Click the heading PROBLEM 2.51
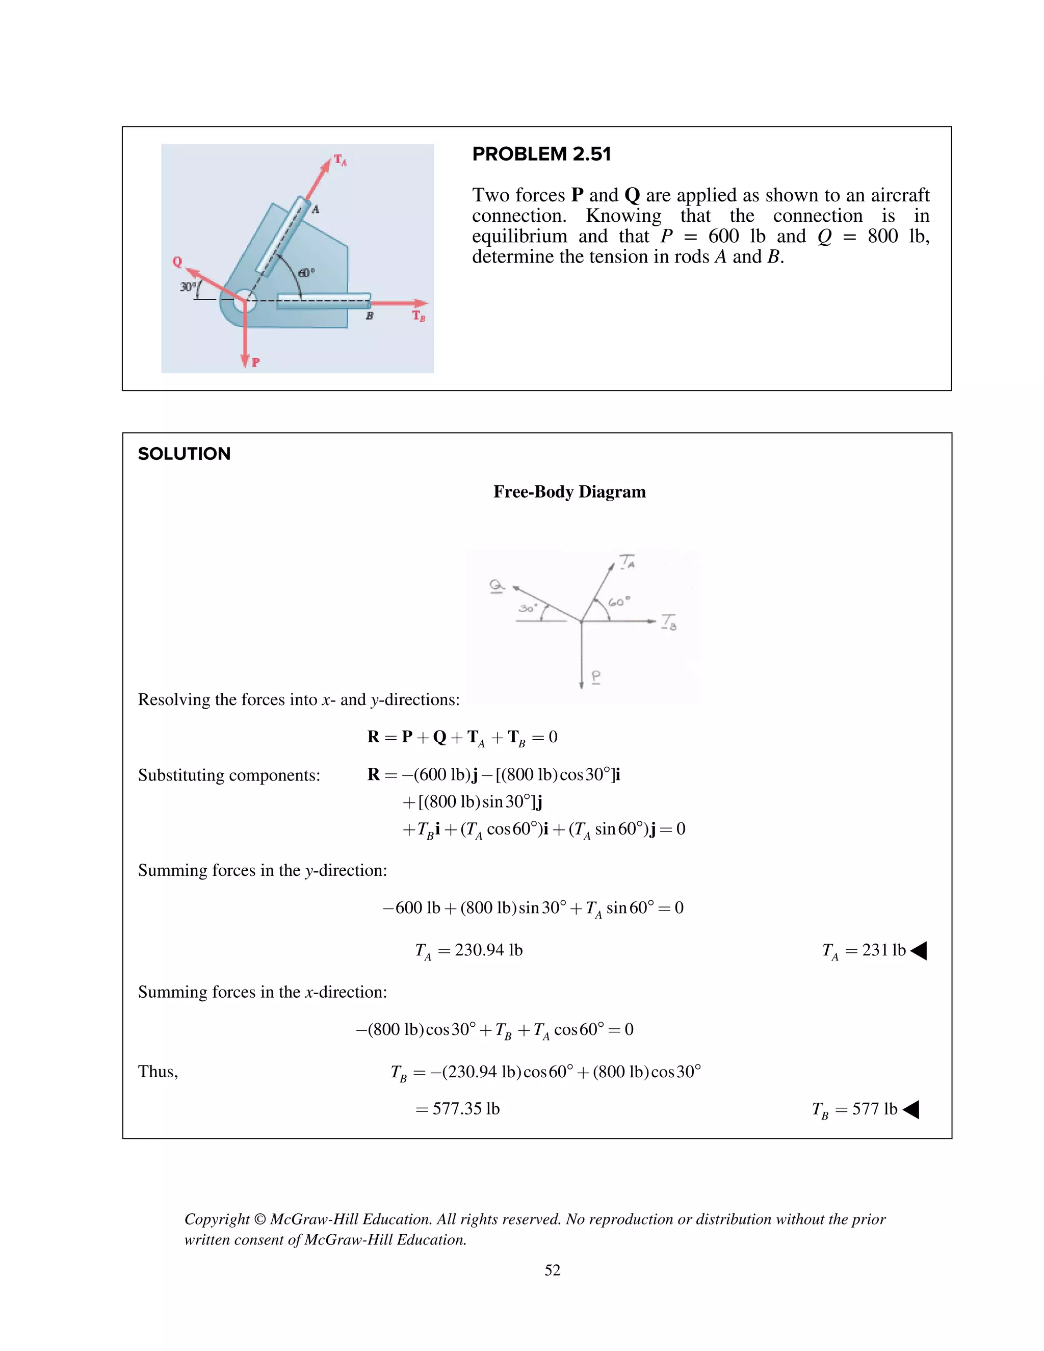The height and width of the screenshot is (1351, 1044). click(541, 154)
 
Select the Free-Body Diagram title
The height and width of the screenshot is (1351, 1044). click(569, 492)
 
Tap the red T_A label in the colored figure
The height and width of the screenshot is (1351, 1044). click(340, 160)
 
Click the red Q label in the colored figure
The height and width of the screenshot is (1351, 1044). click(177, 261)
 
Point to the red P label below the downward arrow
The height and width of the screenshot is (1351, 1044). click(256, 362)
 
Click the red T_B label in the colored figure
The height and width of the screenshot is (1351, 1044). click(419, 316)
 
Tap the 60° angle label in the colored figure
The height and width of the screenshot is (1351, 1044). click(306, 272)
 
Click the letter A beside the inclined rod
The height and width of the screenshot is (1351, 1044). click(316, 209)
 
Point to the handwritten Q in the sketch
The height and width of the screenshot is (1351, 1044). click(497, 585)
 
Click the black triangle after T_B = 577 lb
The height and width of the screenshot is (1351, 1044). click(911, 1110)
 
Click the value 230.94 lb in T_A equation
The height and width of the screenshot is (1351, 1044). click(488, 950)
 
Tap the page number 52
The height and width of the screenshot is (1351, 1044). click(552, 1270)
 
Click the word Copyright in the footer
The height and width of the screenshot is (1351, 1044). click(217, 1219)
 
